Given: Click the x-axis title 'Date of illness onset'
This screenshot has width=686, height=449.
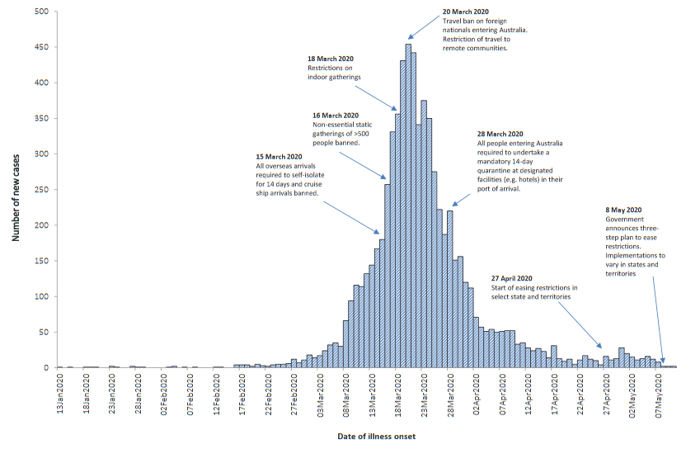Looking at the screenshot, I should (x=377, y=435).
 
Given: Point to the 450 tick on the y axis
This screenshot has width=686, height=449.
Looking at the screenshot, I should (x=41, y=46).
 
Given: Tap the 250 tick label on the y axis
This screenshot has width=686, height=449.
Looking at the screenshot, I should (x=41, y=189).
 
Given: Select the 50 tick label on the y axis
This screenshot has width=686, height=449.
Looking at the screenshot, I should (x=44, y=332).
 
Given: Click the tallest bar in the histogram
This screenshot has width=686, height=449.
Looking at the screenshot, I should (x=408, y=206).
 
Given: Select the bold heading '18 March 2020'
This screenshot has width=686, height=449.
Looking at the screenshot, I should (x=330, y=59).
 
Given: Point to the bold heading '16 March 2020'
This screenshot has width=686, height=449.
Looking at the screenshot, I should (x=336, y=115).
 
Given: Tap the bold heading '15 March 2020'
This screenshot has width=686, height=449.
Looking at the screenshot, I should (x=279, y=156).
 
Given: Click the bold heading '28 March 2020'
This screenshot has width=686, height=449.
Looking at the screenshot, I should (x=500, y=134).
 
